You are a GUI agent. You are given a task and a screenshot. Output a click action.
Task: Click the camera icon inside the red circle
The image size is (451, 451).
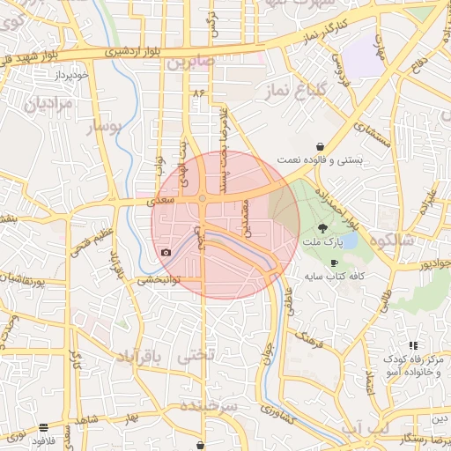coord(166,253)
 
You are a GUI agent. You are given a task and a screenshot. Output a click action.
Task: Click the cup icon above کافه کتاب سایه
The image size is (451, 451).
coord(334,262)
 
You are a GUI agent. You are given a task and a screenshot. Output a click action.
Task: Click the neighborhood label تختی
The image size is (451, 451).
coord(196,357)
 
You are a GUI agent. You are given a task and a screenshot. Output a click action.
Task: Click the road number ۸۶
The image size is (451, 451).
coord(197,91)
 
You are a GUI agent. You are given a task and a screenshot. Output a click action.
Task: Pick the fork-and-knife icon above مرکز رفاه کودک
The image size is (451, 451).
coord(412,346)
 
